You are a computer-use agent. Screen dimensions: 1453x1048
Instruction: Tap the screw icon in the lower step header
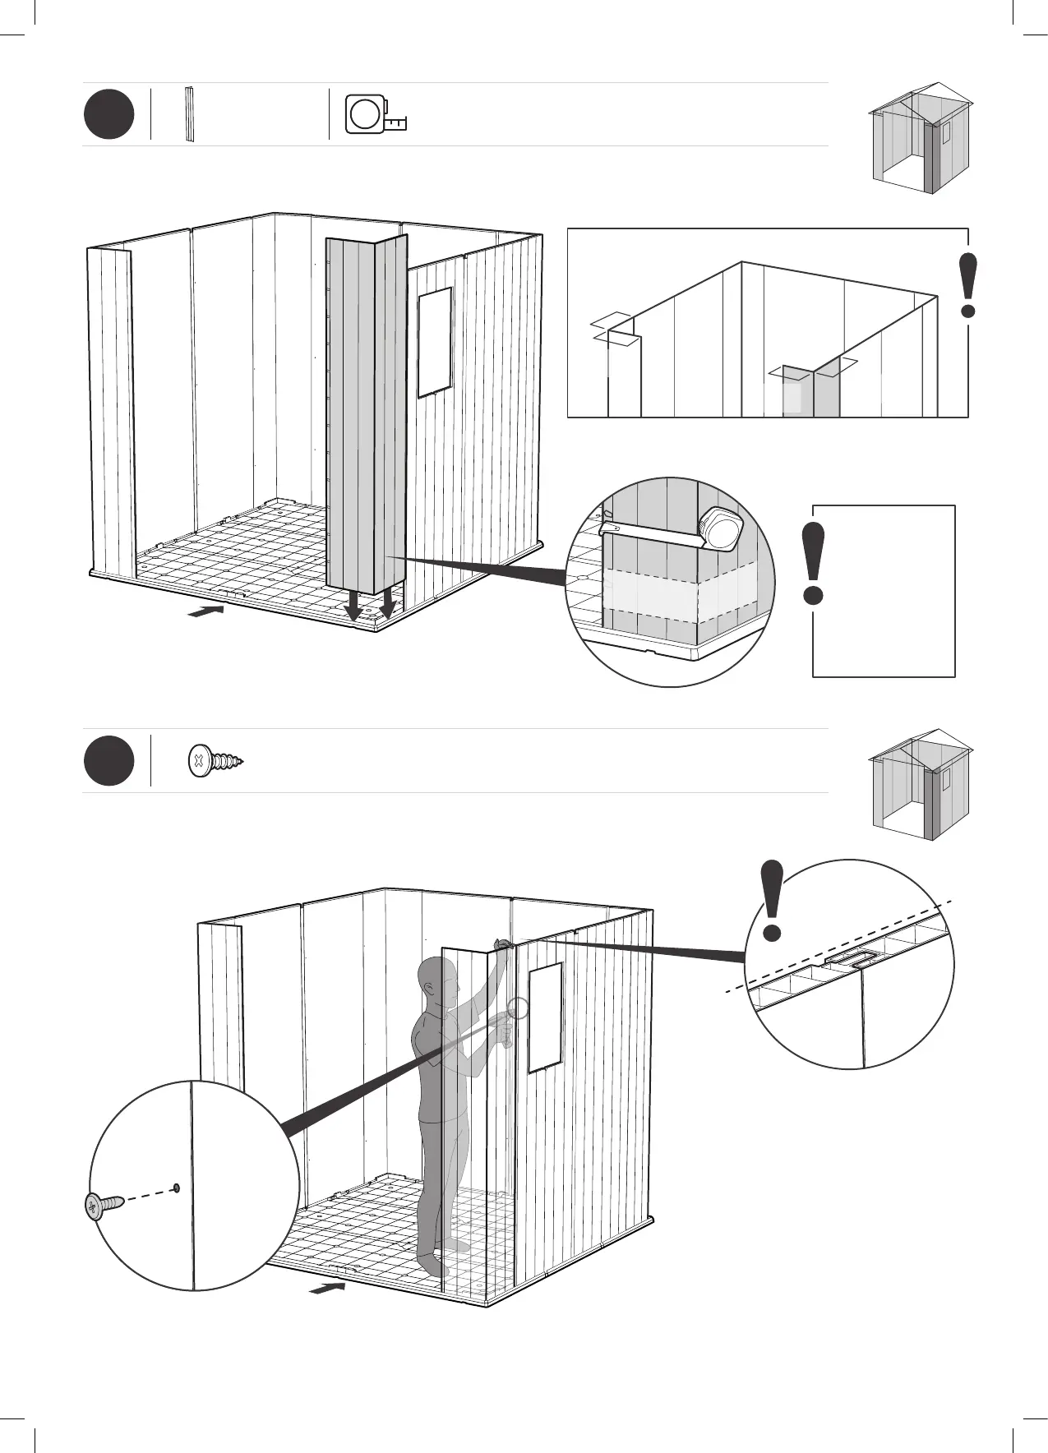[x=216, y=761]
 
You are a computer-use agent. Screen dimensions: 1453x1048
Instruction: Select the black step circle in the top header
[x=108, y=114]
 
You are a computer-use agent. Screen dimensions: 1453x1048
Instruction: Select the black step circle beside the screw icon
[x=108, y=761]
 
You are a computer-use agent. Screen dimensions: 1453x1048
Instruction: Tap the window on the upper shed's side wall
[x=435, y=342]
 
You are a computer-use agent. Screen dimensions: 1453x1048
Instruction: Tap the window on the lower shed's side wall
[x=544, y=1018]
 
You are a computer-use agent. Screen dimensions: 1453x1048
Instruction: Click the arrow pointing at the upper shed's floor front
[x=205, y=611]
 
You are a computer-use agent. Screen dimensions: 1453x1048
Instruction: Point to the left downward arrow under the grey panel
[x=353, y=607]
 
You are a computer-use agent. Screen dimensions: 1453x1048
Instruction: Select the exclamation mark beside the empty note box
[x=815, y=563]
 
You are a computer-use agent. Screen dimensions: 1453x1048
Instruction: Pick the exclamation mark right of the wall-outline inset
[x=969, y=285]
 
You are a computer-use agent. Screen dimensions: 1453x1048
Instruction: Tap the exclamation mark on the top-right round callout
[x=772, y=900]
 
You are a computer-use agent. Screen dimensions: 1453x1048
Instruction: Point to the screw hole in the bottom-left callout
[x=176, y=1187]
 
